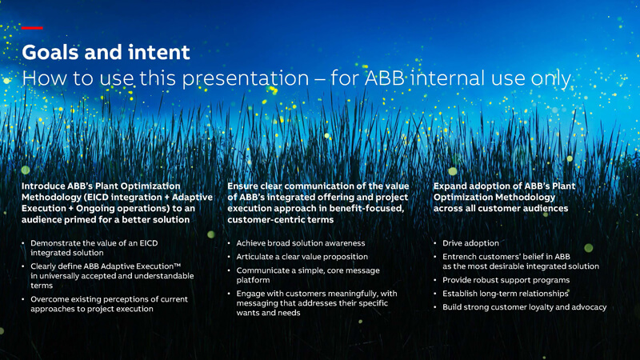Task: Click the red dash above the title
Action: [32, 28]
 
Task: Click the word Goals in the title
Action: [50, 52]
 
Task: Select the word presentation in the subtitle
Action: [246, 78]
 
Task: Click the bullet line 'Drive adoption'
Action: [470, 243]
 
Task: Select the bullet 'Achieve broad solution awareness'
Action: [301, 243]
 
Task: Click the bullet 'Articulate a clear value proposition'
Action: [302, 257]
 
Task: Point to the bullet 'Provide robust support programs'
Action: [506, 280]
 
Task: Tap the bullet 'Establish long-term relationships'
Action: [506, 294]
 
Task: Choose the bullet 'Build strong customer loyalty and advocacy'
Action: [525, 307]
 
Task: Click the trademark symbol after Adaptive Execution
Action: [177, 265]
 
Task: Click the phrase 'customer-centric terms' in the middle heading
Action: [281, 219]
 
